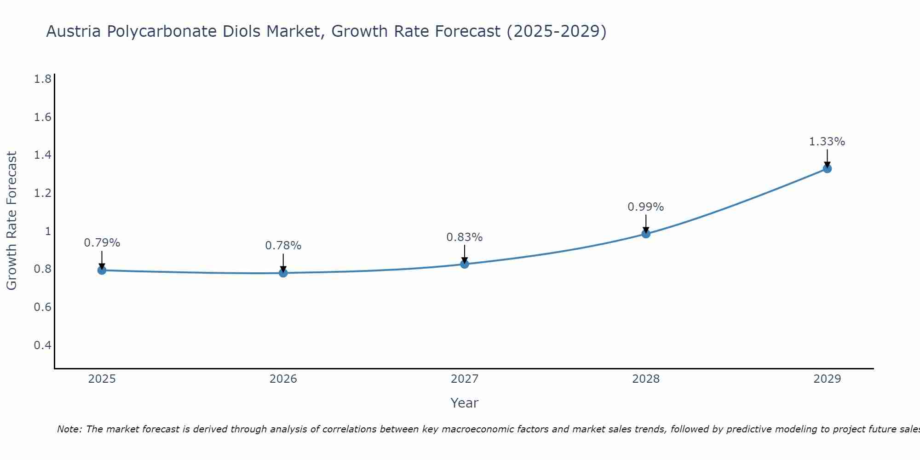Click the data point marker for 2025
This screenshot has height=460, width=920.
pyautogui.click(x=102, y=270)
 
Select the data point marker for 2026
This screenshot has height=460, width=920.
pyautogui.click(x=283, y=273)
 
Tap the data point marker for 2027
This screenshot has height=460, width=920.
pyautogui.click(x=465, y=264)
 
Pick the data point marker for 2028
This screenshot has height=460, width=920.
pyautogui.click(x=646, y=234)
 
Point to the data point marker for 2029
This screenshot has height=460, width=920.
pyautogui.click(x=827, y=168)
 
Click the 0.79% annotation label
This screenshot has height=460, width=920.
pyautogui.click(x=102, y=243)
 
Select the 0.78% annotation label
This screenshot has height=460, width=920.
pyautogui.click(x=283, y=246)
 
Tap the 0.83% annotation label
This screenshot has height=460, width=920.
pyautogui.click(x=465, y=237)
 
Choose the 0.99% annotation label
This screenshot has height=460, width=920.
pyautogui.click(x=646, y=207)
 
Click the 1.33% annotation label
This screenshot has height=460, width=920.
pyautogui.click(x=827, y=142)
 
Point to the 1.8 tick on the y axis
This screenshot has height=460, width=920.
pyautogui.click(x=42, y=80)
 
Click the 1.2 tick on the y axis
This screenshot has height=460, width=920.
pyautogui.click(x=42, y=193)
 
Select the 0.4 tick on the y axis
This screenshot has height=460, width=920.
pyautogui.click(x=42, y=345)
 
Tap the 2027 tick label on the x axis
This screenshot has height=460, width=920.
pyautogui.click(x=465, y=379)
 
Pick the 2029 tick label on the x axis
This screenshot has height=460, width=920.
pyautogui.click(x=827, y=379)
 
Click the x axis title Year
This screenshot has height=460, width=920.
pyautogui.click(x=465, y=403)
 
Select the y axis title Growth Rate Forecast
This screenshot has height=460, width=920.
pyautogui.click(x=12, y=221)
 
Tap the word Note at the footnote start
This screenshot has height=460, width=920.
pyautogui.click(x=69, y=429)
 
